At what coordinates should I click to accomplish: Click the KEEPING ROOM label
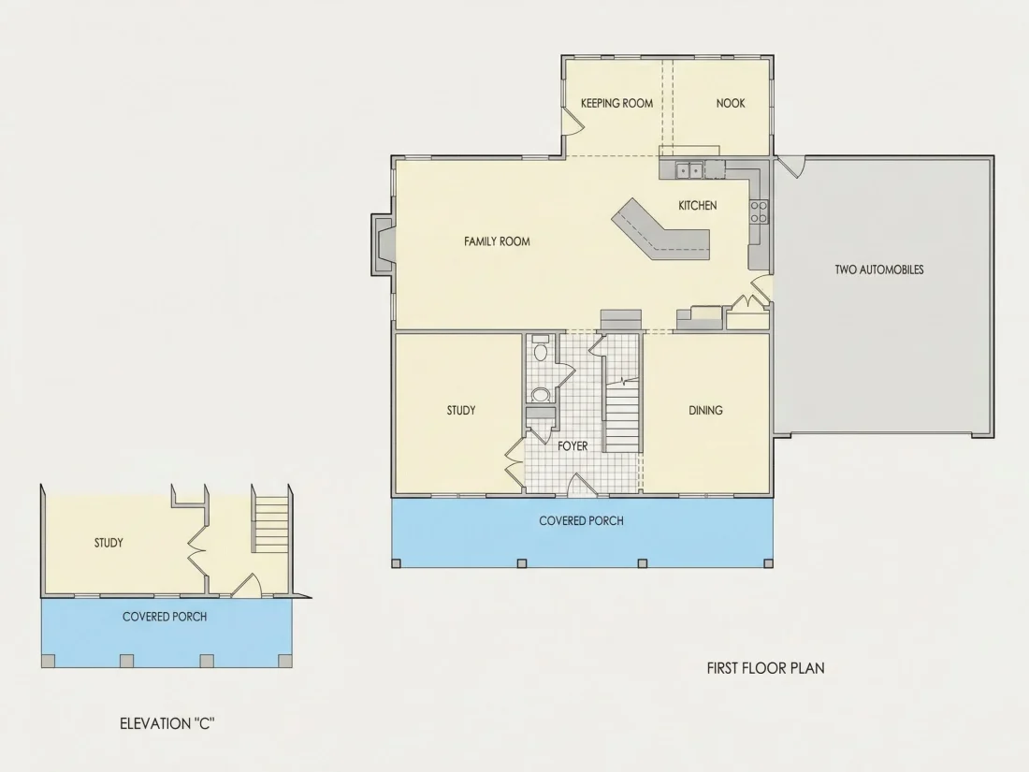tap(616, 103)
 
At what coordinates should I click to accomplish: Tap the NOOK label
tap(731, 103)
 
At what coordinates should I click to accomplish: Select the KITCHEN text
tap(698, 206)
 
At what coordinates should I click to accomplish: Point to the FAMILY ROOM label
tap(497, 241)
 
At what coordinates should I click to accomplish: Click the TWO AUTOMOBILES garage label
tap(879, 269)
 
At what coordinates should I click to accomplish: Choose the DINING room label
tap(705, 410)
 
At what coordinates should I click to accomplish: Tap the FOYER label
tap(572, 446)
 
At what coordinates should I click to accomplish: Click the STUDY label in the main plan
tap(461, 410)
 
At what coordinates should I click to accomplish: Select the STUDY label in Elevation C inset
tap(109, 543)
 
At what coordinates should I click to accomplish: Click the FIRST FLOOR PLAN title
tap(766, 668)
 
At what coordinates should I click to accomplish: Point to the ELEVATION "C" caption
tap(167, 723)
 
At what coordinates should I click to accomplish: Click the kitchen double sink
tap(689, 170)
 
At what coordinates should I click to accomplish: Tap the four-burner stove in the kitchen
tap(759, 212)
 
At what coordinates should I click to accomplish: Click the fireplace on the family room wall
tap(384, 243)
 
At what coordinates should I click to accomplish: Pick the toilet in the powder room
tap(540, 350)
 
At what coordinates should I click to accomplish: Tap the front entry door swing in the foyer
tap(581, 484)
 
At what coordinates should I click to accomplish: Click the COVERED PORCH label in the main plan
tap(582, 521)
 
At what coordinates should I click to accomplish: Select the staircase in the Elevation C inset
tap(271, 524)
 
